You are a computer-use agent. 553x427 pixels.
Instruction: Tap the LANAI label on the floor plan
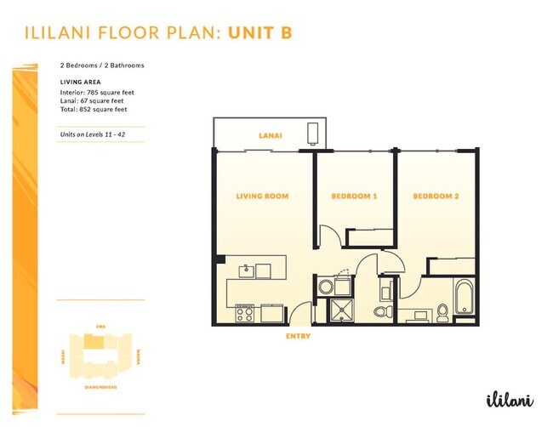271,136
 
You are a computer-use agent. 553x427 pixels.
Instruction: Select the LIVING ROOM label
261,196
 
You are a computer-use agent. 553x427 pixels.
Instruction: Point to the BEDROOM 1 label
354,196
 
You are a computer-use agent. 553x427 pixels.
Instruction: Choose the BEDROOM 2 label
436,196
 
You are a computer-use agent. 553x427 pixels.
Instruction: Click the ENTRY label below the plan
298,336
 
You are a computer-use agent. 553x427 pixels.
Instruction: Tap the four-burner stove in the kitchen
246,313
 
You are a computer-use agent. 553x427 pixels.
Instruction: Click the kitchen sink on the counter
245,270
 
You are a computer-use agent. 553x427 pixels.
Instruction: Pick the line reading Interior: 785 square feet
97,92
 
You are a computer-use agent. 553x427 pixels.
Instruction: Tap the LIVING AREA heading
81,82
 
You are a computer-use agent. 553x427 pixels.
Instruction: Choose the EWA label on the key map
100,327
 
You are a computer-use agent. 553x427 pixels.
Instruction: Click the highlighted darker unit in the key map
99,343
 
